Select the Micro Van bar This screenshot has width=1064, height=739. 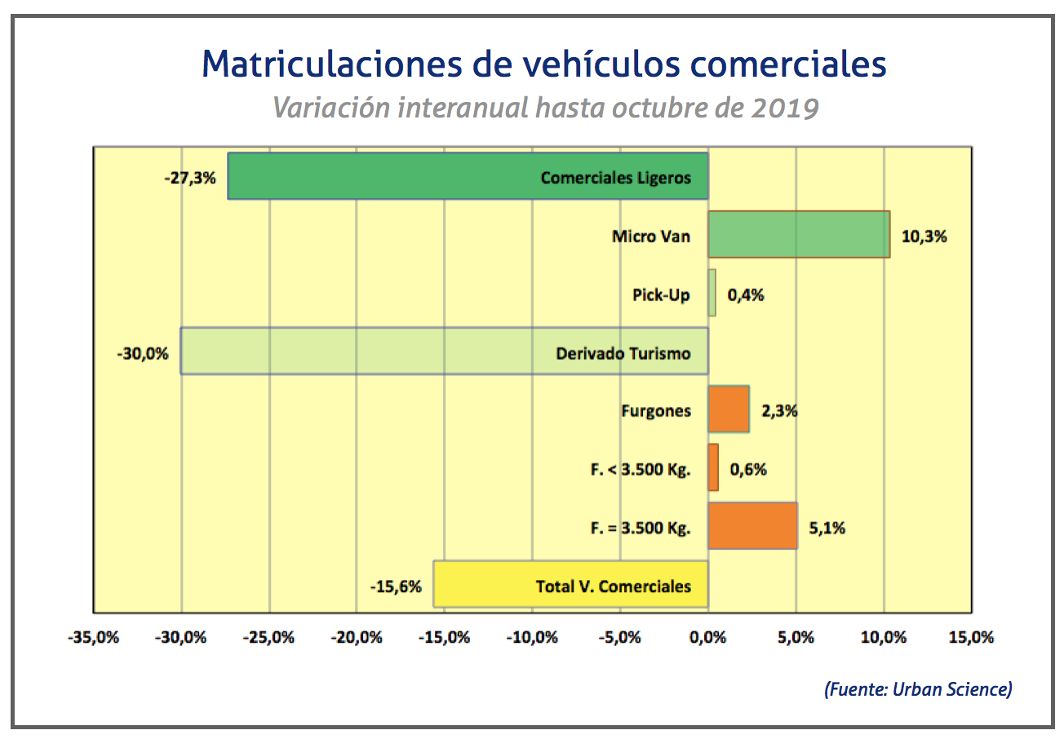coord(798,235)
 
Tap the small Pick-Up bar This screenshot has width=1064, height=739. coord(712,293)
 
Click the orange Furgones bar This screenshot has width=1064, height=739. coord(728,409)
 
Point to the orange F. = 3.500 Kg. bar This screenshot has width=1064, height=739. coord(752,526)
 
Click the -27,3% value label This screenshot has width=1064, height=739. coord(190,177)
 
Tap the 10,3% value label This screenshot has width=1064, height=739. coord(924,237)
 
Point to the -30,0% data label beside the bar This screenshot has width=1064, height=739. coord(142,353)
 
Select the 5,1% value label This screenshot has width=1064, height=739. coord(827,528)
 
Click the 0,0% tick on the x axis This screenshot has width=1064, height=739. coord(707,638)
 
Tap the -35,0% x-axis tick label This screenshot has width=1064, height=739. coord(93,638)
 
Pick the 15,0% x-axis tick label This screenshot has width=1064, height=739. coord(971,638)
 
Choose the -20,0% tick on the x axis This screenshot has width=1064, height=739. coord(357,638)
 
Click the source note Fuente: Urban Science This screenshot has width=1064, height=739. coord(918,689)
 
